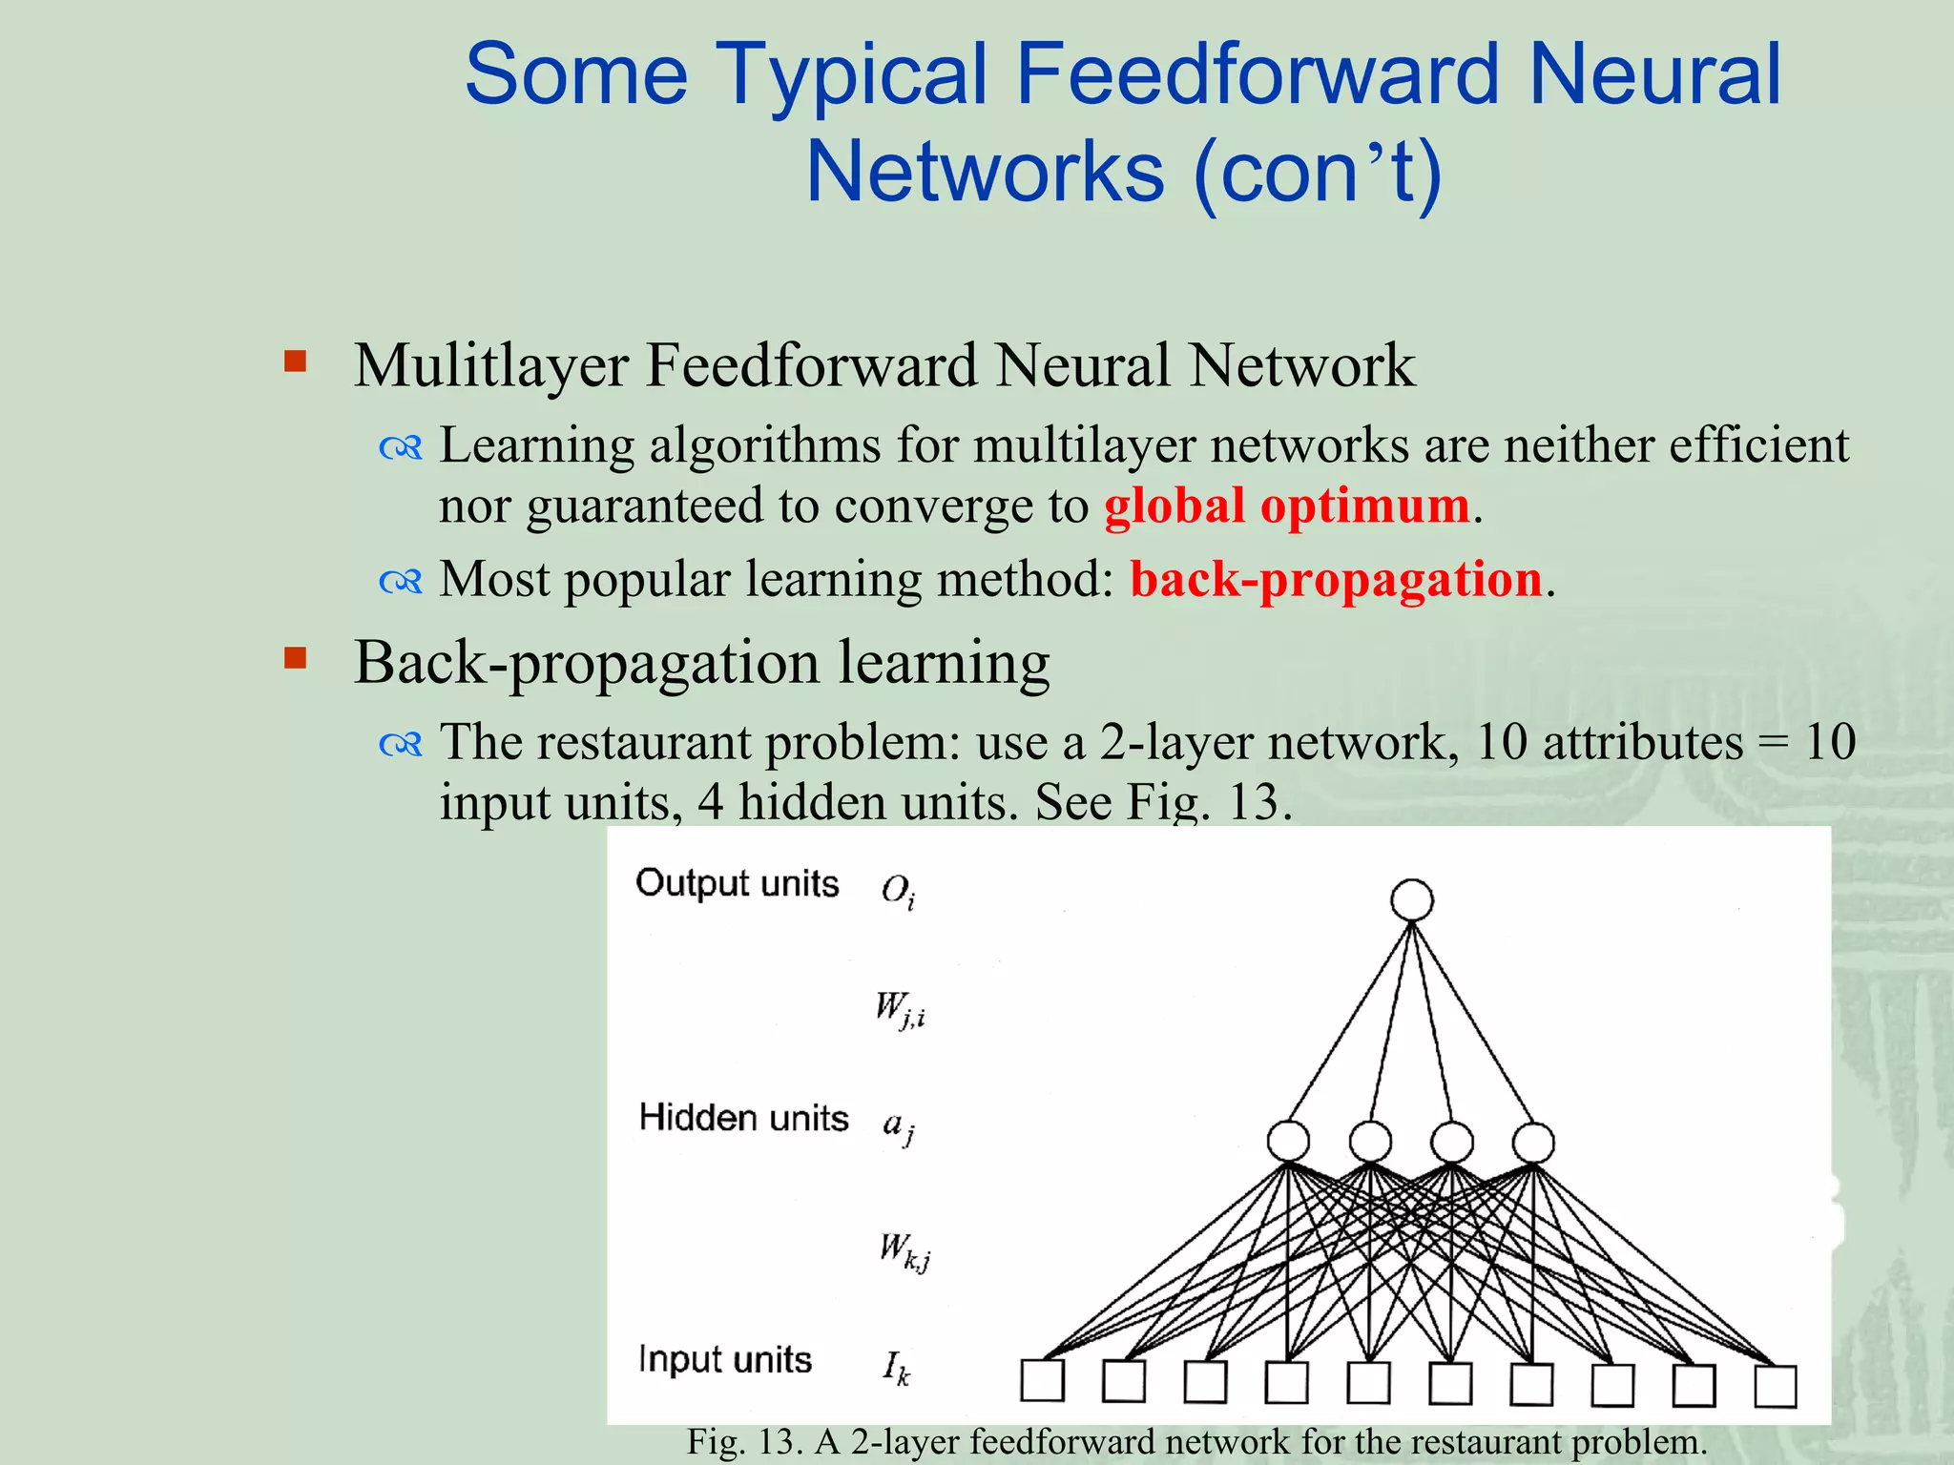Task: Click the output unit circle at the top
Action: [1412, 899]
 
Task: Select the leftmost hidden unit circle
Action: [1288, 1141]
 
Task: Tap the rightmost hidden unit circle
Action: [1533, 1142]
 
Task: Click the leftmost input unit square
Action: [1042, 1380]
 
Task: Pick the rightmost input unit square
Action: [1776, 1386]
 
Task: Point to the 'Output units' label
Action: [737, 883]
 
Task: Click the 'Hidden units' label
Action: [743, 1117]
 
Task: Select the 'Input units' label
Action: [724, 1359]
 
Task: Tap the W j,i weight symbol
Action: [900, 1009]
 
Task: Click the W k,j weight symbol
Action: [904, 1250]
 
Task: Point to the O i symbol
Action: [898, 891]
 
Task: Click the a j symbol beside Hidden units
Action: [898, 1127]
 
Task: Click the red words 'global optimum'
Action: [1286, 506]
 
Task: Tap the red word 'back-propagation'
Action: [1336, 579]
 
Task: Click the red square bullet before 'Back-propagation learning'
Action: [296, 658]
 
